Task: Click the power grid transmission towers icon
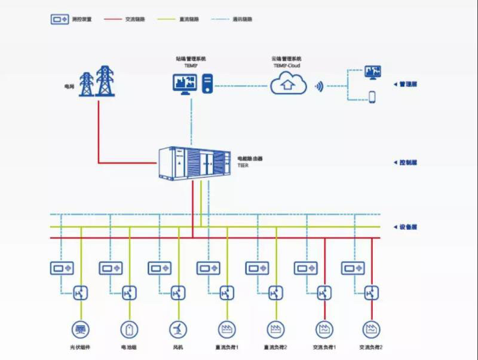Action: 96,81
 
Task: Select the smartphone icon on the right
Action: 372,97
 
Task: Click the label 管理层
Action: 407,84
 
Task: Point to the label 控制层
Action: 407,163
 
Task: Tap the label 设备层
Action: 407,227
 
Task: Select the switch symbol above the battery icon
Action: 129,293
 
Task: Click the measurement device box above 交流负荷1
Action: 306,269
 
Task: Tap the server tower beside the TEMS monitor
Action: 207,83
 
